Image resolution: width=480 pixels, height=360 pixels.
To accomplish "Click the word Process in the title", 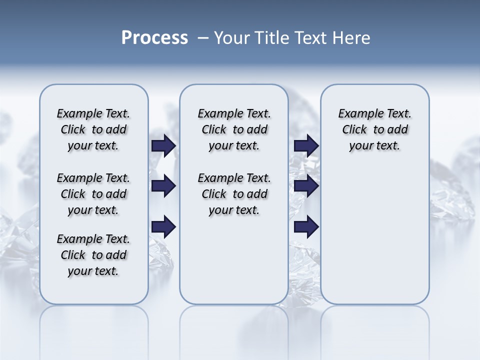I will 154,38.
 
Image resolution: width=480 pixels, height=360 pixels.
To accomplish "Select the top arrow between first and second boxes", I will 163,146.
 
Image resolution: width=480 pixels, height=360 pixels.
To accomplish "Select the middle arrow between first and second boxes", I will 163,186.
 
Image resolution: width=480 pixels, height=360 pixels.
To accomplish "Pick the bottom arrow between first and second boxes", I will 163,226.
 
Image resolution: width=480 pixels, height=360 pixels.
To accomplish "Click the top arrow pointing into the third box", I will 306,146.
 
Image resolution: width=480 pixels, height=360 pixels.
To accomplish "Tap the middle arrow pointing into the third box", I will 306,186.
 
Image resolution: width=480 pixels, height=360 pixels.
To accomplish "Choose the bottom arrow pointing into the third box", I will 306,226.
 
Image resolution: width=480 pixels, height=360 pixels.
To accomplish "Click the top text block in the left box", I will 93,129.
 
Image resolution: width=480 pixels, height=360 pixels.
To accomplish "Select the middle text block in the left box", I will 93,194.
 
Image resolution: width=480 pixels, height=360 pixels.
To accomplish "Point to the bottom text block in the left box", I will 93,255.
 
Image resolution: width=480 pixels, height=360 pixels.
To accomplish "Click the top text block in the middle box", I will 234,129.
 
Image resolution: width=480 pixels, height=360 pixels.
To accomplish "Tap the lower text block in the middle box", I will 234,194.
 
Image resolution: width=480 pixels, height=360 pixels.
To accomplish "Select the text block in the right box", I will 374,129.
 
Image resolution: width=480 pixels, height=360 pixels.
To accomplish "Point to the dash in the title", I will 203,38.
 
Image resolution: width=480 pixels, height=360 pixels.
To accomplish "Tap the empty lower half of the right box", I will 374,240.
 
